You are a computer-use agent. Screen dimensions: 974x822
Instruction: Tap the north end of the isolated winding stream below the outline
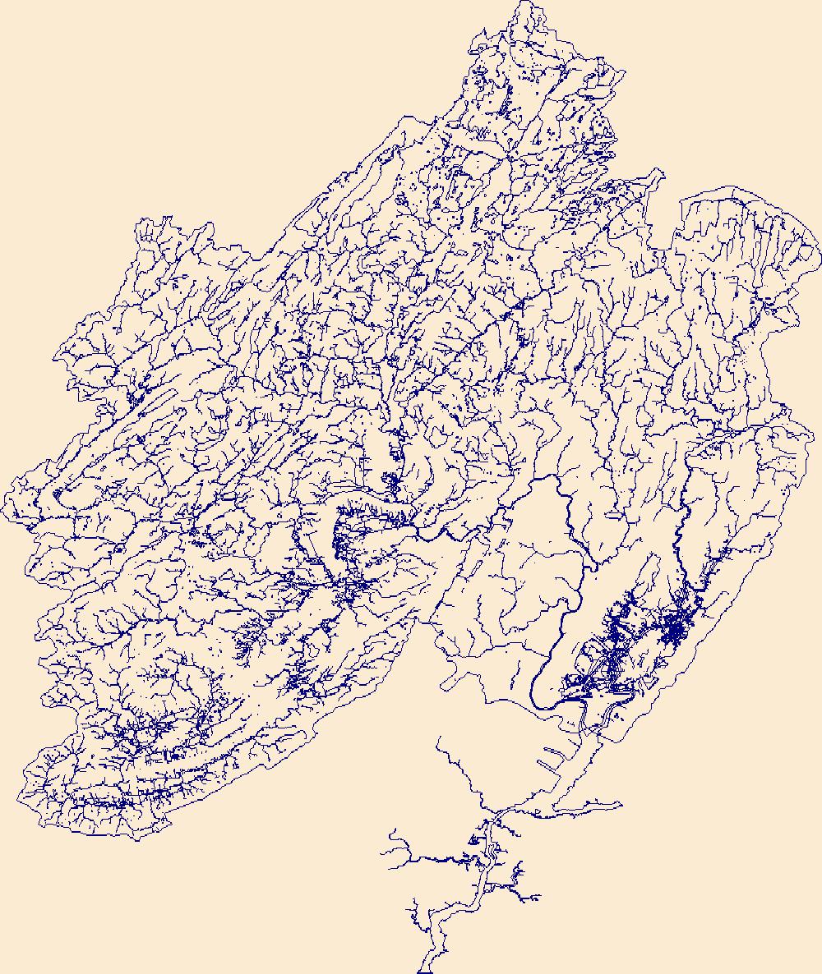tap(437, 738)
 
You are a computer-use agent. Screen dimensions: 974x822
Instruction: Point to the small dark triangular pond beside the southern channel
tap(474, 839)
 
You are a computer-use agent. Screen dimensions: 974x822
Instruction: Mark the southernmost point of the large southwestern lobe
tap(136, 839)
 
